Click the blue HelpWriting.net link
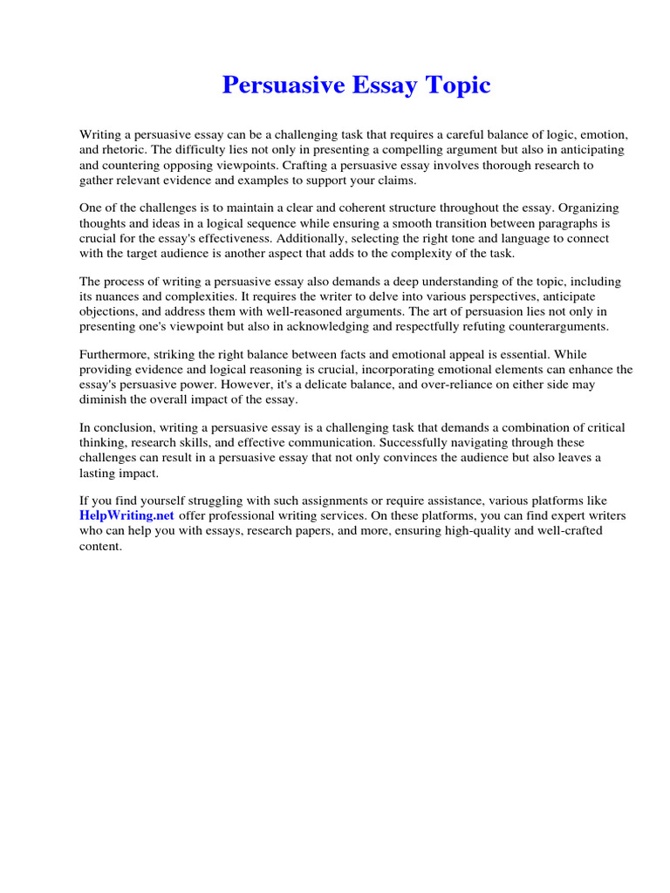pyautogui.click(x=127, y=515)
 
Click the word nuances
pyautogui.click(x=122, y=297)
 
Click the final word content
pyautogui.click(x=100, y=545)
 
